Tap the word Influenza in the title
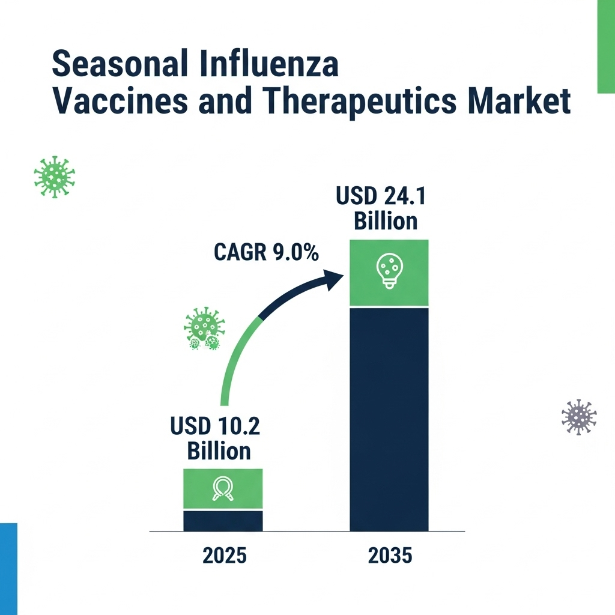coord(268,62)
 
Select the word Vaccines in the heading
coord(120,100)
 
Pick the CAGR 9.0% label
coord(266,252)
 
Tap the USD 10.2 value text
coord(215,426)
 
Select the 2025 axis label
coord(225,556)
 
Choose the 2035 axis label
coord(390,556)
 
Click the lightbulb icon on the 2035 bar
coord(389,271)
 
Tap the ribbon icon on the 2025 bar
coord(223,488)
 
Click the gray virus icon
coord(579,417)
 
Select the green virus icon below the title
coord(54,177)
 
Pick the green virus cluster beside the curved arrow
coord(204,329)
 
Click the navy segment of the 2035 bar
coord(389,419)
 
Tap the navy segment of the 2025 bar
coord(223,521)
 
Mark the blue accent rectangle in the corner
coord(8,569)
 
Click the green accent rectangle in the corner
coord(606,47)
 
